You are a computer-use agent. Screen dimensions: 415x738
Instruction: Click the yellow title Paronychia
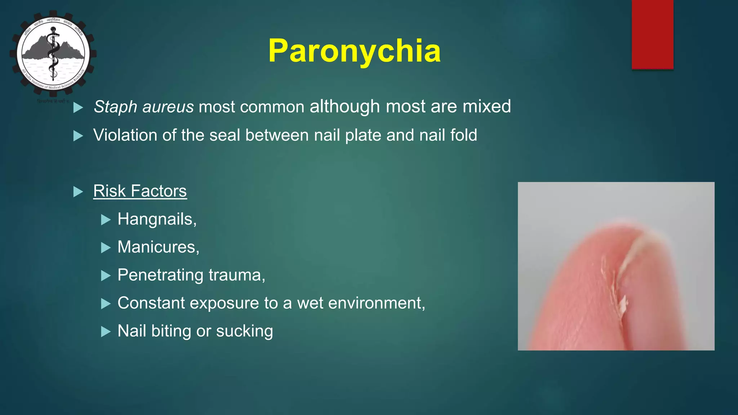click(x=354, y=51)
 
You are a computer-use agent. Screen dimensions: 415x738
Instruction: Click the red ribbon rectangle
click(x=652, y=34)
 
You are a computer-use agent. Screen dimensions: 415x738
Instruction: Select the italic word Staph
click(x=115, y=107)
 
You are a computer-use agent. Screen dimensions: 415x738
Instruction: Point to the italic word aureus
click(x=168, y=107)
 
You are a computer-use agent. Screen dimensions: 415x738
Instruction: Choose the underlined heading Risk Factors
click(x=140, y=191)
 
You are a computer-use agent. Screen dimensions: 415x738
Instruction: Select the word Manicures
click(x=158, y=247)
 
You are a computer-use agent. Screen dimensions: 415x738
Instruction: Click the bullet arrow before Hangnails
click(x=106, y=219)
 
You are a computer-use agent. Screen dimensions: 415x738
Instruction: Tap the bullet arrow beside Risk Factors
click(x=78, y=192)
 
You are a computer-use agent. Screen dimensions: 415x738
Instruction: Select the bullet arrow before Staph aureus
click(x=78, y=107)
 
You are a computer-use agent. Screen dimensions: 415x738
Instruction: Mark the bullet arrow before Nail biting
click(x=106, y=331)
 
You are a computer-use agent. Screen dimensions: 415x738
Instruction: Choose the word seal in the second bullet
click(x=224, y=135)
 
